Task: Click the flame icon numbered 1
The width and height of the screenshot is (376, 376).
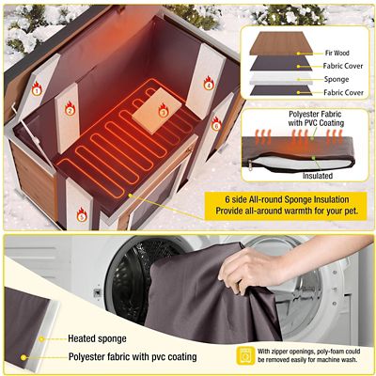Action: coord(37,90)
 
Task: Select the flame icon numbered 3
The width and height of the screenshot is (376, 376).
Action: coord(163,112)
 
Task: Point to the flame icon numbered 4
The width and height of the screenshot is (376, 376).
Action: coord(209,85)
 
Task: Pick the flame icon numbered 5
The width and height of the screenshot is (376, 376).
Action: coord(82,215)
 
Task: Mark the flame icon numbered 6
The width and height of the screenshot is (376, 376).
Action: coord(215,124)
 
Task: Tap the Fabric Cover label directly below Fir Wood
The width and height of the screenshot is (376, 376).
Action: coord(339,67)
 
